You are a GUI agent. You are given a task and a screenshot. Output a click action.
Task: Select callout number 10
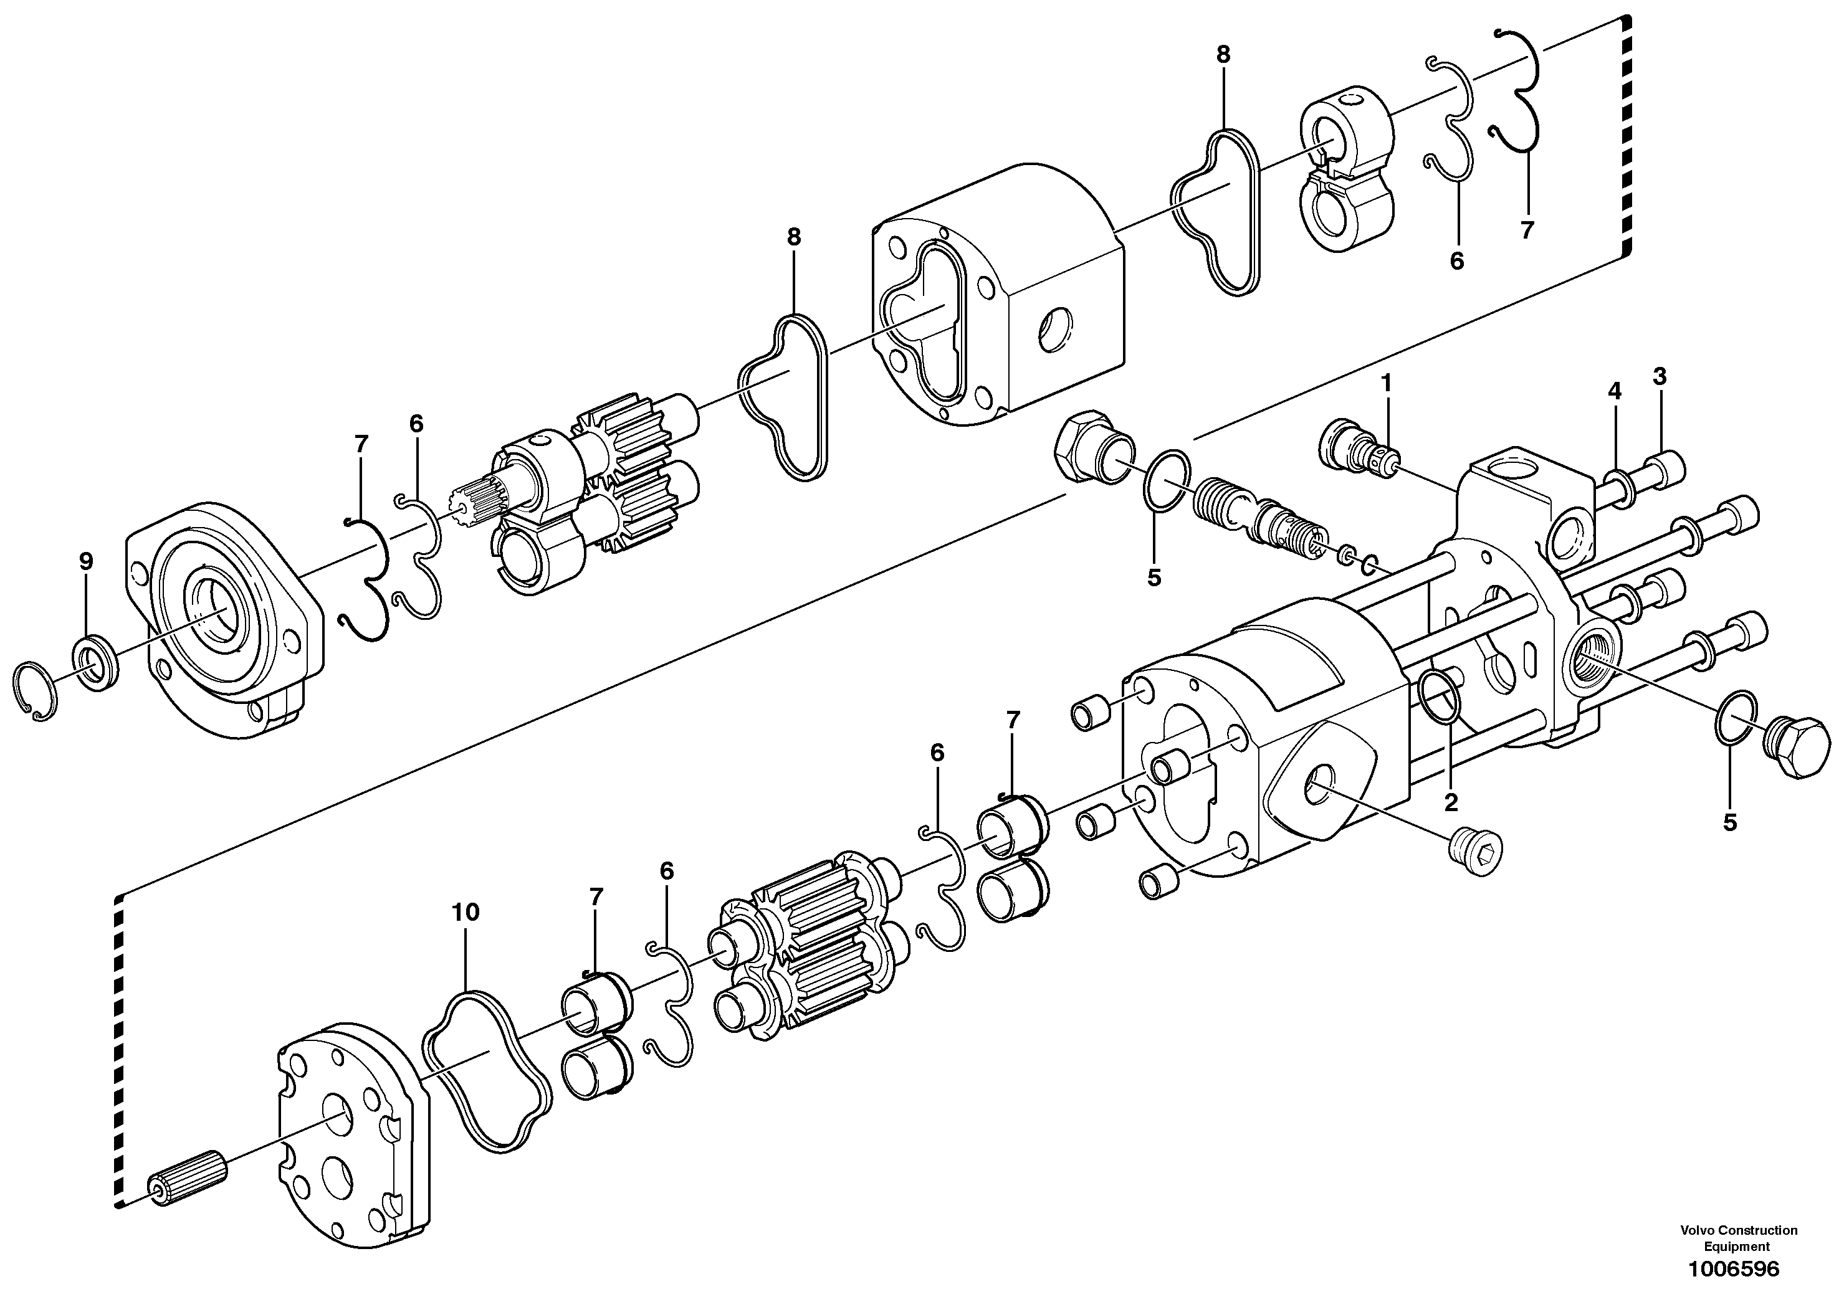pyautogui.click(x=466, y=912)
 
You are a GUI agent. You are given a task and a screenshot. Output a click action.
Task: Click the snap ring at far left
pyautogui.click(x=36, y=690)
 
